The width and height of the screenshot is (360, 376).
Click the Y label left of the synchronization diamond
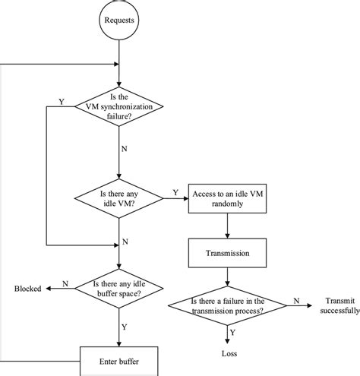click(x=61, y=101)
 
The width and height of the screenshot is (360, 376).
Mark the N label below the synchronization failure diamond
click(x=124, y=150)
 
